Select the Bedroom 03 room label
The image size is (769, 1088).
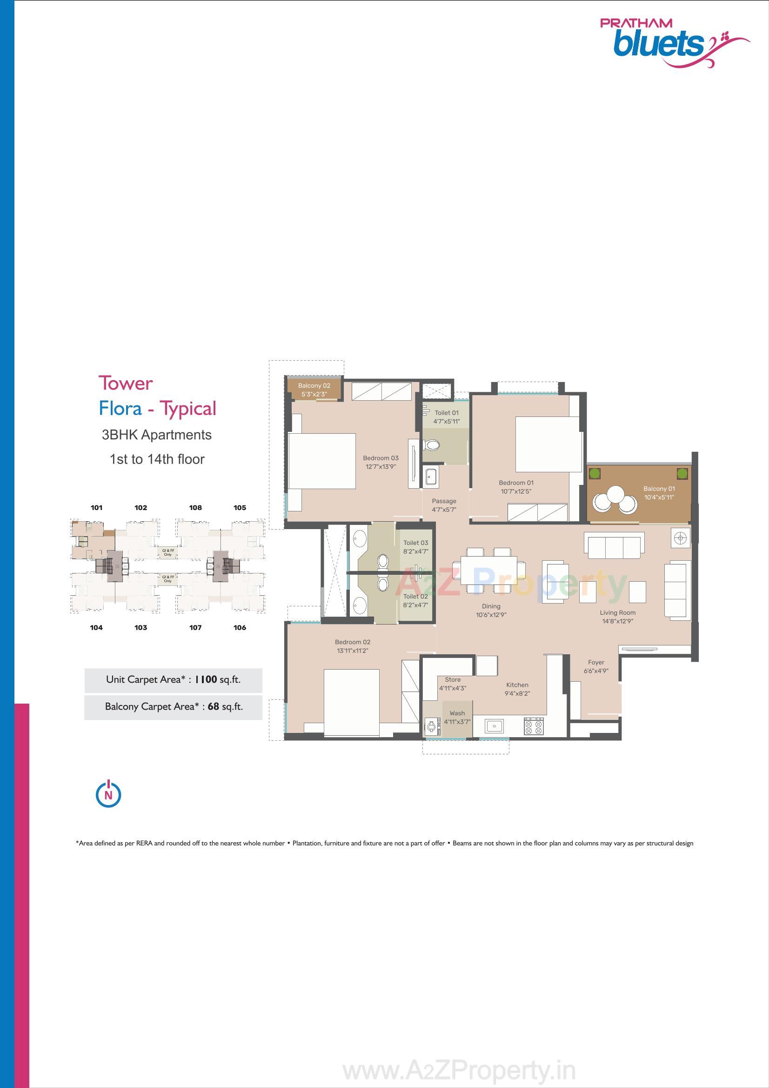pos(381,458)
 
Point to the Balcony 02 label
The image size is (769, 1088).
pos(314,386)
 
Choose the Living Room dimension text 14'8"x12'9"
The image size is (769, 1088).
pos(617,621)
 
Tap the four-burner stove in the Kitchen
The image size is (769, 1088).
pos(534,726)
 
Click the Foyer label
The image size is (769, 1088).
pos(596,663)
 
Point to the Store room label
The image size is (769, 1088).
pos(453,679)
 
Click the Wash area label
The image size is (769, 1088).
pos(457,713)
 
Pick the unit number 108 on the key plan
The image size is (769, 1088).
pos(195,508)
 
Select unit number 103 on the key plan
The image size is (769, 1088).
pos(140,627)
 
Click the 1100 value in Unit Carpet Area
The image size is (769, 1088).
pos(206,679)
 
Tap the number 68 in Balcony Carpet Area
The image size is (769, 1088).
pos(213,706)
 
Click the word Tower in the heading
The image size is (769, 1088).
pos(126,383)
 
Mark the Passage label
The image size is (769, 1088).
pos(444,501)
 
